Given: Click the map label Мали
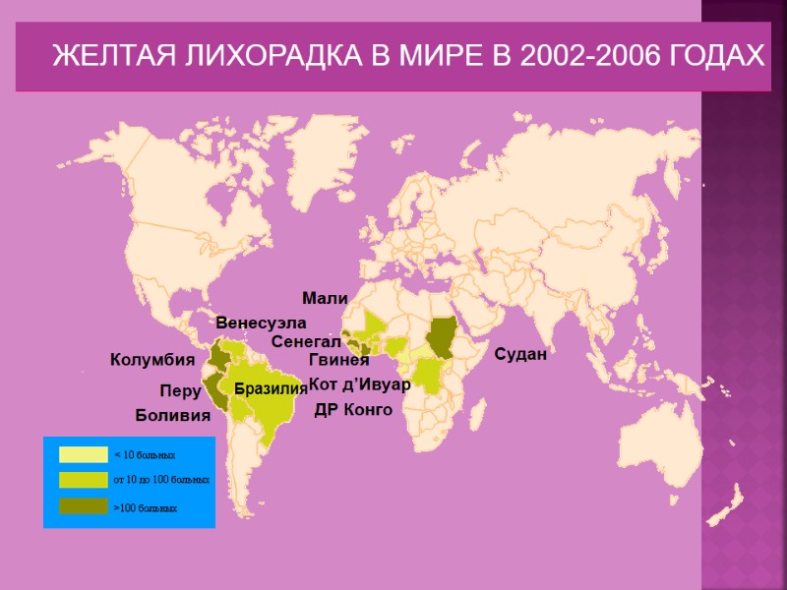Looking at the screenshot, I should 325,298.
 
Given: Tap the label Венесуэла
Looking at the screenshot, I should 261,323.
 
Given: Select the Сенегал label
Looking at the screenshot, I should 305,342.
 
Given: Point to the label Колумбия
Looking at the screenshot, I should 151,361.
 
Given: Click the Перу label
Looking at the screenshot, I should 180,391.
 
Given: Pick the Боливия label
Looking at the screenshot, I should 173,416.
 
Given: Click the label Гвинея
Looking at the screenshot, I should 338,360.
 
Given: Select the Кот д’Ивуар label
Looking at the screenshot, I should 359,383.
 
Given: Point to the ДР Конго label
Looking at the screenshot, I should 353,409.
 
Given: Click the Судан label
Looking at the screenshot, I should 519,354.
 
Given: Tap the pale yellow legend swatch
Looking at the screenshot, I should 83,454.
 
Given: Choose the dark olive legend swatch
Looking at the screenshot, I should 83,506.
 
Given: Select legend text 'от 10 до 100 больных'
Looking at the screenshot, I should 162,481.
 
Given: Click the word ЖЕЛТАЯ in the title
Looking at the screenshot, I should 109,56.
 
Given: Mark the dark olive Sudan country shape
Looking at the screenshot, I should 442,339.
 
